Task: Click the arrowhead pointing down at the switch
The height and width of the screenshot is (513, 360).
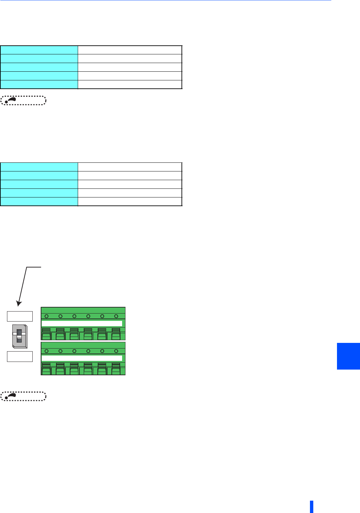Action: (19, 304)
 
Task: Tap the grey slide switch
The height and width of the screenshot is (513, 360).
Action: (20, 336)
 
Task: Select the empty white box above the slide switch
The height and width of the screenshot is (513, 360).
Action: (20, 316)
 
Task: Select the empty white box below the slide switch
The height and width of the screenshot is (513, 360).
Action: (20, 356)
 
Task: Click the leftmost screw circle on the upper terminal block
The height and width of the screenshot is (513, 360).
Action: (46, 316)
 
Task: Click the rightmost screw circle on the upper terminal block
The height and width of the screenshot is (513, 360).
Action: (116, 316)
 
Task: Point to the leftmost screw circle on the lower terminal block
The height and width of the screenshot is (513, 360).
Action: (46, 351)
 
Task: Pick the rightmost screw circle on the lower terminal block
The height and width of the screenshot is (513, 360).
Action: (116, 351)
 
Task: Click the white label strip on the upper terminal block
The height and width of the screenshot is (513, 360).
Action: (82, 323)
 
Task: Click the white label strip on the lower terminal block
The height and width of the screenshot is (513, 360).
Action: (82, 358)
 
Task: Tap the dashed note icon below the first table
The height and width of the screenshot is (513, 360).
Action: (23, 100)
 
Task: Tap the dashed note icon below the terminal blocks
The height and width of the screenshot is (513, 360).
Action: (23, 396)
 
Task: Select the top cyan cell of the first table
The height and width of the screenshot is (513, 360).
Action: (39, 50)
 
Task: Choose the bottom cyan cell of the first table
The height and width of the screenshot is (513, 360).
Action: (39, 84)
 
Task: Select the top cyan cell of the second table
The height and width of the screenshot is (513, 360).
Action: (39, 167)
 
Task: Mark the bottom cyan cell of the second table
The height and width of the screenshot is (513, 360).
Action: (39, 201)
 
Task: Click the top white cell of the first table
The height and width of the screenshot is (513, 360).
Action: (130, 50)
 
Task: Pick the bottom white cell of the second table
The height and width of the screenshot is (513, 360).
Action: (130, 201)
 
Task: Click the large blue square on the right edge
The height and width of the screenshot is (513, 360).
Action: (348, 356)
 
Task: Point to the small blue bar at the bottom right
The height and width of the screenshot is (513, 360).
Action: (311, 506)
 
